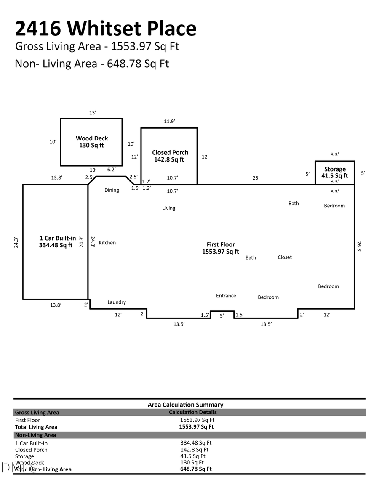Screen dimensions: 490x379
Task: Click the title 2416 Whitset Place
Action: point(106,29)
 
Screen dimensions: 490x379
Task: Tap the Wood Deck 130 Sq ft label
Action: point(92,142)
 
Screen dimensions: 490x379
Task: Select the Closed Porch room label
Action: point(170,156)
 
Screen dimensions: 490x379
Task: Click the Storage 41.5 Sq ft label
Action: point(335,172)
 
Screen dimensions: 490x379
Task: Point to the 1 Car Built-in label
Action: point(57,241)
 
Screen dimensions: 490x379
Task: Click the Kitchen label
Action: point(107,243)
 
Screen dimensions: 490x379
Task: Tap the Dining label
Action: point(112,190)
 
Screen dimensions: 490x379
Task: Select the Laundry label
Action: point(117,302)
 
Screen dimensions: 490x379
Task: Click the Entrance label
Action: point(226,296)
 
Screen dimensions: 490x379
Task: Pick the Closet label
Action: point(285,257)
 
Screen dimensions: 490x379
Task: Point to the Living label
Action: point(168,208)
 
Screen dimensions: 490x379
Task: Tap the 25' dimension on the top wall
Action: point(256,178)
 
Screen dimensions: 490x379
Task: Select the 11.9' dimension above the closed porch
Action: point(169,122)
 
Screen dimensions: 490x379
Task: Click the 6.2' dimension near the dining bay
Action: point(112,170)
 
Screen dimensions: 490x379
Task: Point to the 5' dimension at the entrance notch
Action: point(222,315)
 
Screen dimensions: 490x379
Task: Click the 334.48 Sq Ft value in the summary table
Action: point(196,442)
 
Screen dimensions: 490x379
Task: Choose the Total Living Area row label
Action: point(36,427)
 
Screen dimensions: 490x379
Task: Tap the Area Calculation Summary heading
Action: point(185,405)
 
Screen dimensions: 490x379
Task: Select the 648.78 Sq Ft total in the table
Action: point(196,469)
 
